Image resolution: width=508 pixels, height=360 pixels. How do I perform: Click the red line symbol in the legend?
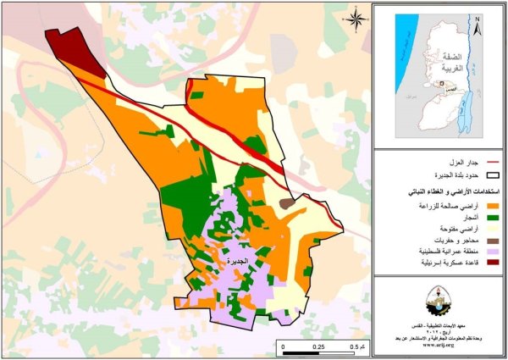pos(490,161)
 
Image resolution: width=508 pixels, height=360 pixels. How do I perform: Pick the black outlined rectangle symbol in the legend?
pos(490,175)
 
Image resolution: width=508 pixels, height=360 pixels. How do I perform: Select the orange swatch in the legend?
pos(490,206)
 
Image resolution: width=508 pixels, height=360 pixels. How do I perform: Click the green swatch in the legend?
pos(490,218)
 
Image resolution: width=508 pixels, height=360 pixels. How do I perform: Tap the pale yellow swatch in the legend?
pos(490,230)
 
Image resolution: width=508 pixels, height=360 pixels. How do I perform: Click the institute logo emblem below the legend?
pos(439,300)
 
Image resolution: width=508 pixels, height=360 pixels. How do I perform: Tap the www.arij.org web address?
pos(439,347)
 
